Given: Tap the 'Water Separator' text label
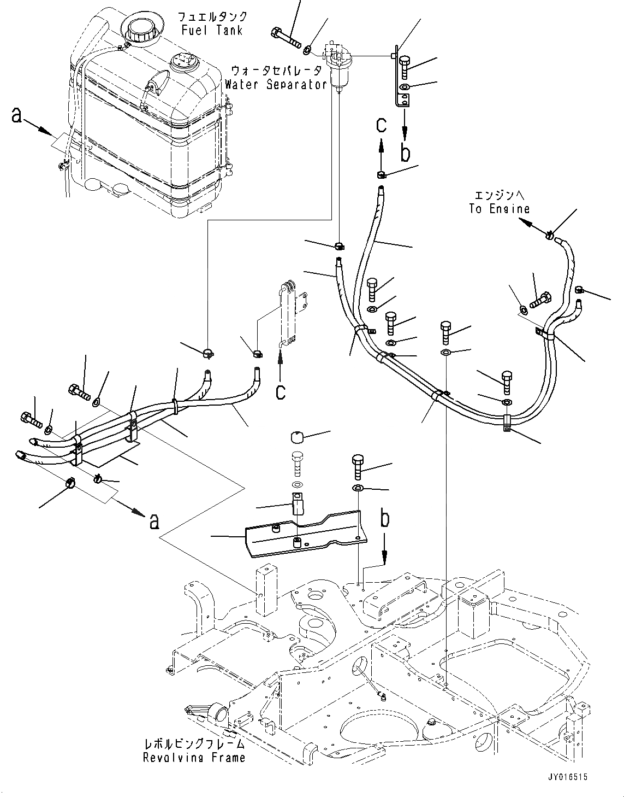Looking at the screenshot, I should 276,85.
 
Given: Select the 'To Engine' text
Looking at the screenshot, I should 498,209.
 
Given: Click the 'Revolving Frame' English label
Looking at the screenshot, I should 194,757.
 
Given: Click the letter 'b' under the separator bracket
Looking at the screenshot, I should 405,153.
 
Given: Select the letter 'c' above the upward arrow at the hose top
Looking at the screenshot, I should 381,125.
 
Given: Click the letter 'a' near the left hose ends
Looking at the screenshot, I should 154,521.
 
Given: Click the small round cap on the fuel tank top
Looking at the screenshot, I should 181,61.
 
